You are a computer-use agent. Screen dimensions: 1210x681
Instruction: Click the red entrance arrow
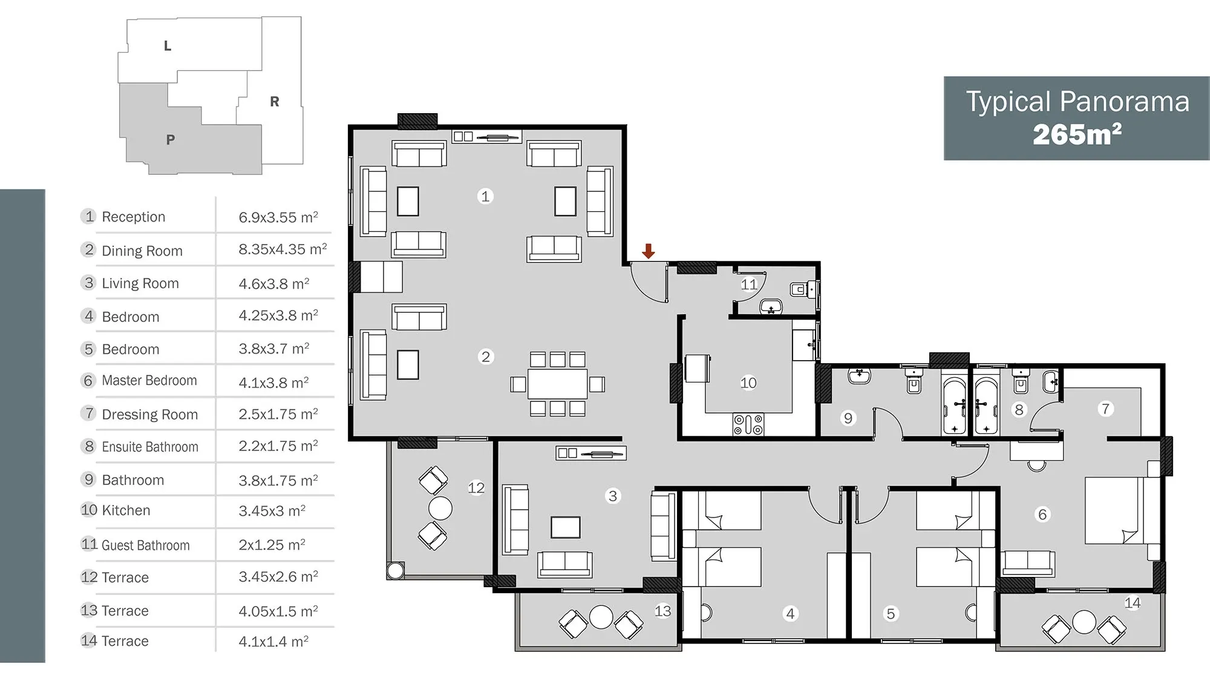point(648,251)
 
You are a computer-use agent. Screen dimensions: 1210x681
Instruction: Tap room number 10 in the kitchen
point(748,383)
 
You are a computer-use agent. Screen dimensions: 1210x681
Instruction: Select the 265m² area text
point(1077,134)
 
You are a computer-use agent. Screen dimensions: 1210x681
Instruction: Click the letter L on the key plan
point(168,46)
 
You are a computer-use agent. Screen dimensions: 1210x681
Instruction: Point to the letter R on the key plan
point(275,102)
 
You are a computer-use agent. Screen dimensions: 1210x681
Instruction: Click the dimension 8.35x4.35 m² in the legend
point(283,249)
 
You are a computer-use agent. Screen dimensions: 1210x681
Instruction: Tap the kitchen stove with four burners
point(748,424)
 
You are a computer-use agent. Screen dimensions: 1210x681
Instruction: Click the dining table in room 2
point(557,384)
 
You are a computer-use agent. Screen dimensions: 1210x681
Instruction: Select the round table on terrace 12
point(440,508)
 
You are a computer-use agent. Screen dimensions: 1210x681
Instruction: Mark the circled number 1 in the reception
point(485,196)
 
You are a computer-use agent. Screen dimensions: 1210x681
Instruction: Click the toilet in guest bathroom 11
point(799,289)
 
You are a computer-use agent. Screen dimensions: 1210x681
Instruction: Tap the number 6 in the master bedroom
point(1042,515)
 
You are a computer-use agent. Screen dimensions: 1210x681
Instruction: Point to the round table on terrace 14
point(1084,622)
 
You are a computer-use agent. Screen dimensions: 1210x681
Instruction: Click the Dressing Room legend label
point(150,414)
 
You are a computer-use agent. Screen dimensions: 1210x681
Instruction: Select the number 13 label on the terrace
point(662,611)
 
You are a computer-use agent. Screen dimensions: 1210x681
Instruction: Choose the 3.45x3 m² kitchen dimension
point(272,510)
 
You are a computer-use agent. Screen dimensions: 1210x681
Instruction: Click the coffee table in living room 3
point(566,527)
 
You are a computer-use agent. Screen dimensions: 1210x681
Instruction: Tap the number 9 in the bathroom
point(848,418)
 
